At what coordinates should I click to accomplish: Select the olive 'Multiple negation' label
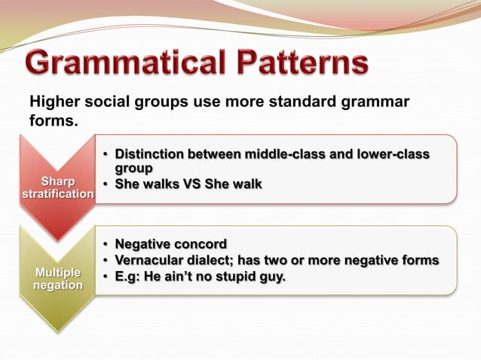[57, 278]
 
